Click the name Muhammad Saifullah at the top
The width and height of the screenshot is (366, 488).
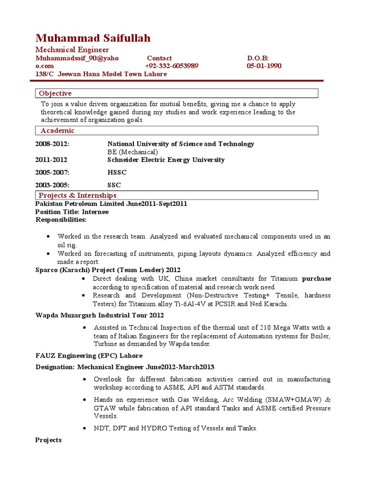click(93, 38)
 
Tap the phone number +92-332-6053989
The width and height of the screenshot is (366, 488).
click(172, 66)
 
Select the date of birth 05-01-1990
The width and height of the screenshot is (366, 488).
click(264, 66)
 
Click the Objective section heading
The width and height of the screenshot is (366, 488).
click(55, 93)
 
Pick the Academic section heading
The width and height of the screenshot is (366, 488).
click(57, 131)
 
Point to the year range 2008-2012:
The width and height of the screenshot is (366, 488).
click(52, 144)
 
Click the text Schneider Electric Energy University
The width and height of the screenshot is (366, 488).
click(166, 160)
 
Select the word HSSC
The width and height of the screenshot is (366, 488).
click(117, 173)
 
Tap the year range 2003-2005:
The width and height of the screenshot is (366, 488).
click(52, 185)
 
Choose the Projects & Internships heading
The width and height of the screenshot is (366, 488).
click(78, 195)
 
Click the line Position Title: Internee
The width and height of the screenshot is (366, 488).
click(72, 212)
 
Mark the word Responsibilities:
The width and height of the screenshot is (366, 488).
click(61, 220)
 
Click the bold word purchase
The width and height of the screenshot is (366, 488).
click(316, 278)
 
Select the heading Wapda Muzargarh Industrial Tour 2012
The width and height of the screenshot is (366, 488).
click(100, 315)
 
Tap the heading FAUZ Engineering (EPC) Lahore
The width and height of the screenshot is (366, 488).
click(89, 356)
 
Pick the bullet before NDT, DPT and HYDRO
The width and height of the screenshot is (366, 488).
click(84, 428)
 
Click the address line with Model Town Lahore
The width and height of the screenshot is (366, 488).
click(101, 74)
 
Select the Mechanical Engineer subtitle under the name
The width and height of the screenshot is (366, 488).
click(72, 50)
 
